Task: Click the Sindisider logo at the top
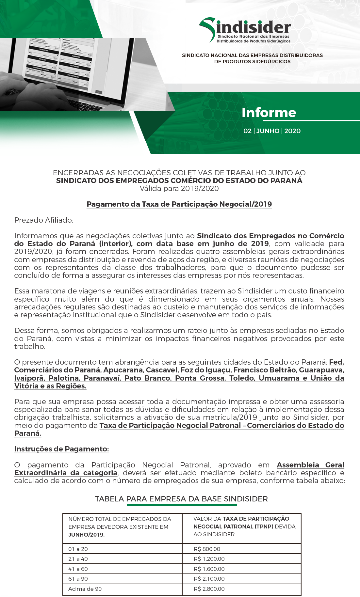pyautogui.click(x=245, y=30)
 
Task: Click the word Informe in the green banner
pyautogui.click(x=269, y=113)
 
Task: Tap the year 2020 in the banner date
pyautogui.click(x=292, y=131)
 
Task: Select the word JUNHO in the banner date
pyautogui.click(x=268, y=131)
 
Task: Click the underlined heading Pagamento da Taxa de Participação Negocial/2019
pyautogui.click(x=179, y=204)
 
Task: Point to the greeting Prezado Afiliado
pyautogui.click(x=44, y=220)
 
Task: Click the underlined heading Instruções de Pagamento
pyautogui.click(x=61, y=449)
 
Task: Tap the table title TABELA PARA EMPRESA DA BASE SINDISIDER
pyautogui.click(x=181, y=499)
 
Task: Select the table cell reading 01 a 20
pyautogui.click(x=78, y=549)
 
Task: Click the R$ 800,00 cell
pyautogui.click(x=207, y=549)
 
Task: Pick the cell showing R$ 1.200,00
pyautogui.click(x=209, y=559)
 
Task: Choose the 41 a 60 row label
pyautogui.click(x=78, y=569)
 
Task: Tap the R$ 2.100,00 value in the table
pyautogui.click(x=209, y=579)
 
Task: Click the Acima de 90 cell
pyautogui.click(x=85, y=589)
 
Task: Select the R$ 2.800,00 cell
pyautogui.click(x=209, y=589)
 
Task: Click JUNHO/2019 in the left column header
pyautogui.click(x=86, y=535)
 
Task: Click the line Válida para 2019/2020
pyautogui.click(x=179, y=188)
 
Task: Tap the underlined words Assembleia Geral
pyautogui.click(x=310, y=465)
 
